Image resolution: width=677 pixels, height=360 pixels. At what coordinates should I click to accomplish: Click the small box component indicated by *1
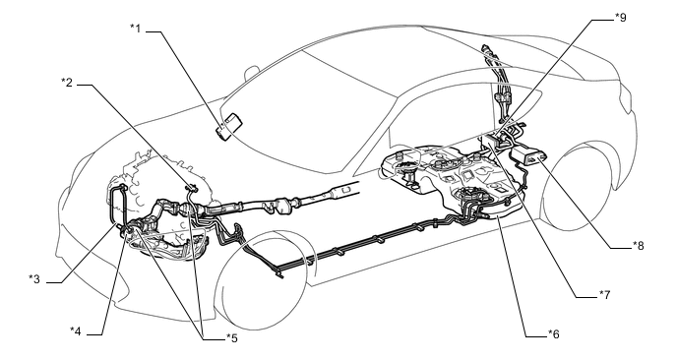pyautogui.click(x=232, y=126)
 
